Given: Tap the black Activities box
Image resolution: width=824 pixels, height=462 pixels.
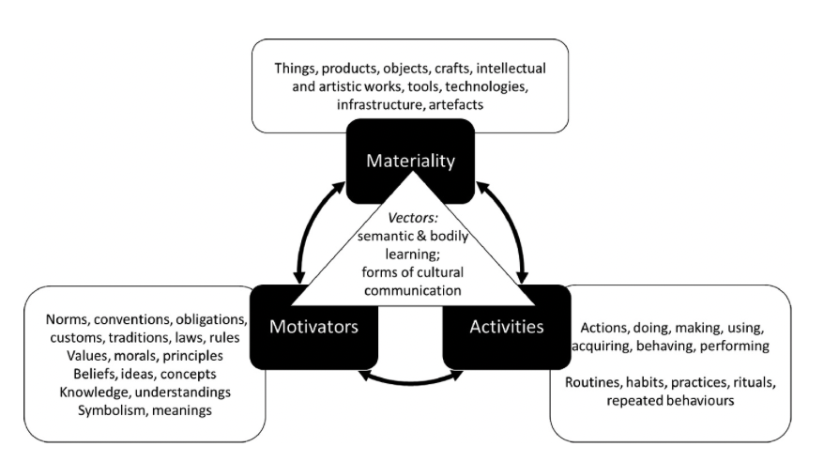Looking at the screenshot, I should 506,328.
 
